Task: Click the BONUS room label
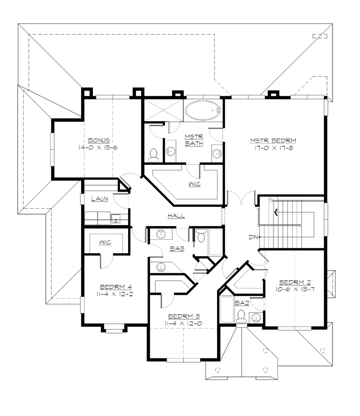(x=99, y=140)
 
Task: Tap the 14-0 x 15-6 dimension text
(x=99, y=148)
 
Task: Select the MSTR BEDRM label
(x=273, y=140)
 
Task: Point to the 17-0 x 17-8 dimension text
(x=273, y=148)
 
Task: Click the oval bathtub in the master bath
(x=202, y=110)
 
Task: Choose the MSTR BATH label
(x=192, y=140)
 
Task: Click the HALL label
(x=176, y=216)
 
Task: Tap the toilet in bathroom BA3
(x=201, y=235)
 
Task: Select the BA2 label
(x=241, y=302)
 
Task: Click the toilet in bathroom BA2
(x=241, y=316)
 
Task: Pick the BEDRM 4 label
(x=115, y=287)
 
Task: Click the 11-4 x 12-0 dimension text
(x=183, y=323)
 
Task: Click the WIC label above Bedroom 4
(x=105, y=243)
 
